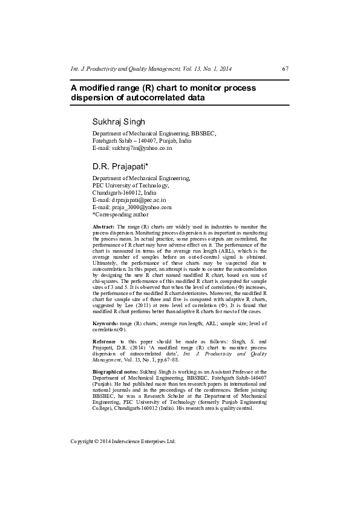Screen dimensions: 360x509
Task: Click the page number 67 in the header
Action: pyautogui.click(x=285, y=69)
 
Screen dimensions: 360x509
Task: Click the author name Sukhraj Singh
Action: pyautogui.click(x=119, y=122)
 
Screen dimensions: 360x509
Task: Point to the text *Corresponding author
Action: pyautogui.click(x=120, y=214)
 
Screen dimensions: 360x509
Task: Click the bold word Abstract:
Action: pyautogui.click(x=104, y=225)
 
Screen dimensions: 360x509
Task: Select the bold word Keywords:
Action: pyautogui.click(x=105, y=325)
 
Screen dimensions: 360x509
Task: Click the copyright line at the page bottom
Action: pyautogui.click(x=123, y=441)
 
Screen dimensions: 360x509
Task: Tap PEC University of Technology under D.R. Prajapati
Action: pyautogui.click(x=130, y=185)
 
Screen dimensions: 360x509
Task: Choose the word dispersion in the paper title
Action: pyautogui.click(x=90, y=97)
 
